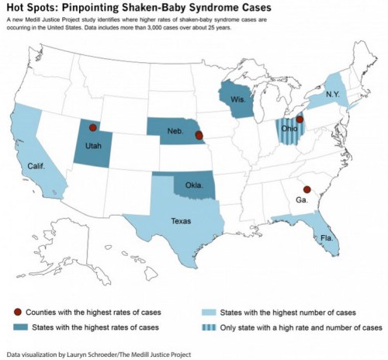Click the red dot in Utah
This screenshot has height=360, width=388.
point(93,127)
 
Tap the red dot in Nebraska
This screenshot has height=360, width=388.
point(199,136)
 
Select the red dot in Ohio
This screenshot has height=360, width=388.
point(300,120)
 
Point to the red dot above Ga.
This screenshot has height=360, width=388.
point(307,189)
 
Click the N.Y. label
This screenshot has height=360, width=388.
point(333,92)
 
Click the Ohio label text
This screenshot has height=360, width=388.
point(289,129)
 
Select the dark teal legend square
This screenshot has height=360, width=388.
point(17,327)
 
